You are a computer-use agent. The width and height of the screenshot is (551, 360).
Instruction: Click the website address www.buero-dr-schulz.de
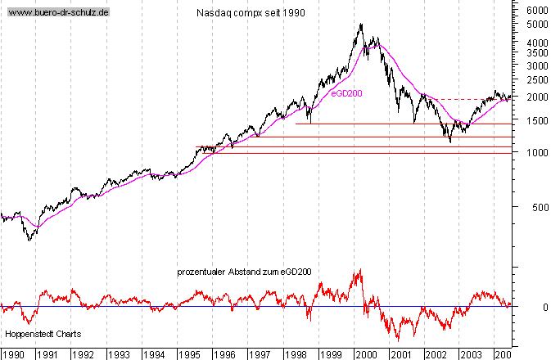pyautogui.click(x=58, y=13)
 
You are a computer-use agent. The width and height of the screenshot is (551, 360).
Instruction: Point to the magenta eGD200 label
pyautogui.click(x=346, y=93)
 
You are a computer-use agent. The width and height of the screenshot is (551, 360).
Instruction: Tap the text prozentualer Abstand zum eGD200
pyautogui.click(x=244, y=272)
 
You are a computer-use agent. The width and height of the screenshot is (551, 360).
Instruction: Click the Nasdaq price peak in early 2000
pyautogui.click(x=361, y=24)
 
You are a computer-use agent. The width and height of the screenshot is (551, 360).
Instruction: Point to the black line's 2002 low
pyautogui.click(x=450, y=142)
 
